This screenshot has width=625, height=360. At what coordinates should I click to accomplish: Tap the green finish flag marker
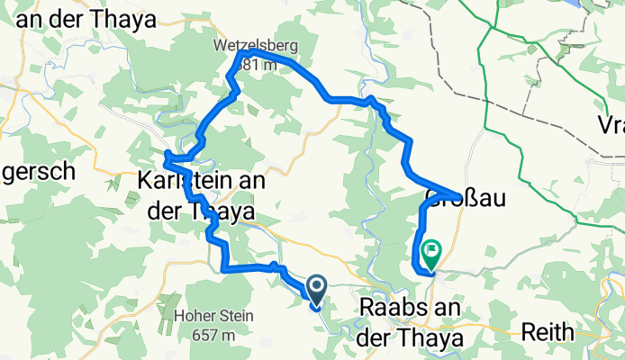430,251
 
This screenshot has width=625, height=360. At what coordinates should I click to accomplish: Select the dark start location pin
317,289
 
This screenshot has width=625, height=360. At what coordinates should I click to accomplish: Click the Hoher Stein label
216,316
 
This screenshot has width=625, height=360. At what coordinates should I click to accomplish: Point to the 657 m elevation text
216,335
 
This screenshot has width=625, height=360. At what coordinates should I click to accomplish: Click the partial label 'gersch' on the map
36,175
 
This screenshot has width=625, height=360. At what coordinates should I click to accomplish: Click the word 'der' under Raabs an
379,337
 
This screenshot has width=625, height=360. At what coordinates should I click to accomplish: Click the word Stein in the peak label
237,316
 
